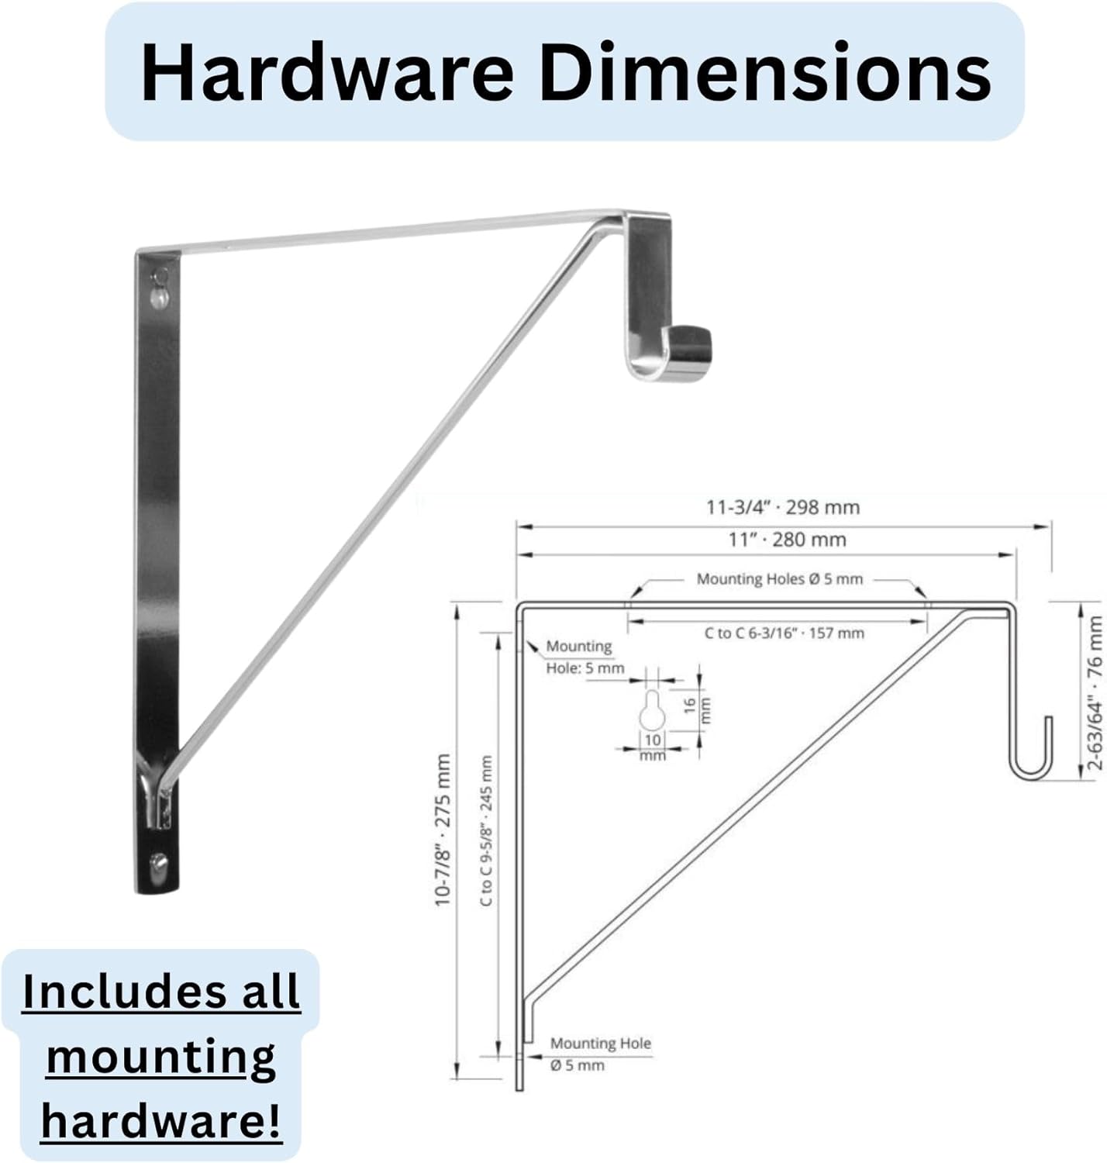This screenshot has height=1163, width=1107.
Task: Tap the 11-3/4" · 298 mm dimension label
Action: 782,508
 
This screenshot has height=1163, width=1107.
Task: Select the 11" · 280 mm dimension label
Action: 787,540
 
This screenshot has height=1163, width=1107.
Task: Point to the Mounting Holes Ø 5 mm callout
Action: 779,579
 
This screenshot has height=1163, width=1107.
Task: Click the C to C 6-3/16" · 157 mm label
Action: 784,633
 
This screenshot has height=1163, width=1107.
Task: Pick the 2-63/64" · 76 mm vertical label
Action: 1095,692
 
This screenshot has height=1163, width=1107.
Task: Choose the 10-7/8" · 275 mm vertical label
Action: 443,830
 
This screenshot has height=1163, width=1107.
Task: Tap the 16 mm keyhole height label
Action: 696,706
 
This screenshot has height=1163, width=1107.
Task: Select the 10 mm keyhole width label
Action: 653,747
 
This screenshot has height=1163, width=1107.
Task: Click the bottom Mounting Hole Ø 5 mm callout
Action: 599,1054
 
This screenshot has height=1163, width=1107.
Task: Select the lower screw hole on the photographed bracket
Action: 159,863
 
